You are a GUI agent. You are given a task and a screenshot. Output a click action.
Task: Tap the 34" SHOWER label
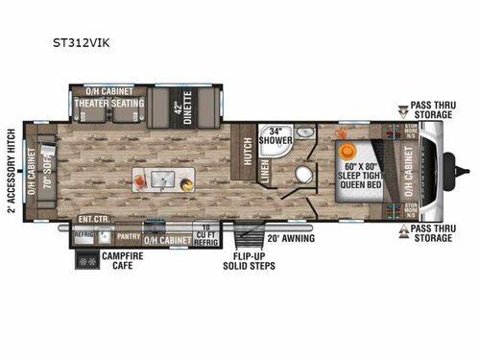pyautogui.click(x=279, y=136)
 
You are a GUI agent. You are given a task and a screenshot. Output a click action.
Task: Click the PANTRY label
pyautogui.click(x=129, y=234)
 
